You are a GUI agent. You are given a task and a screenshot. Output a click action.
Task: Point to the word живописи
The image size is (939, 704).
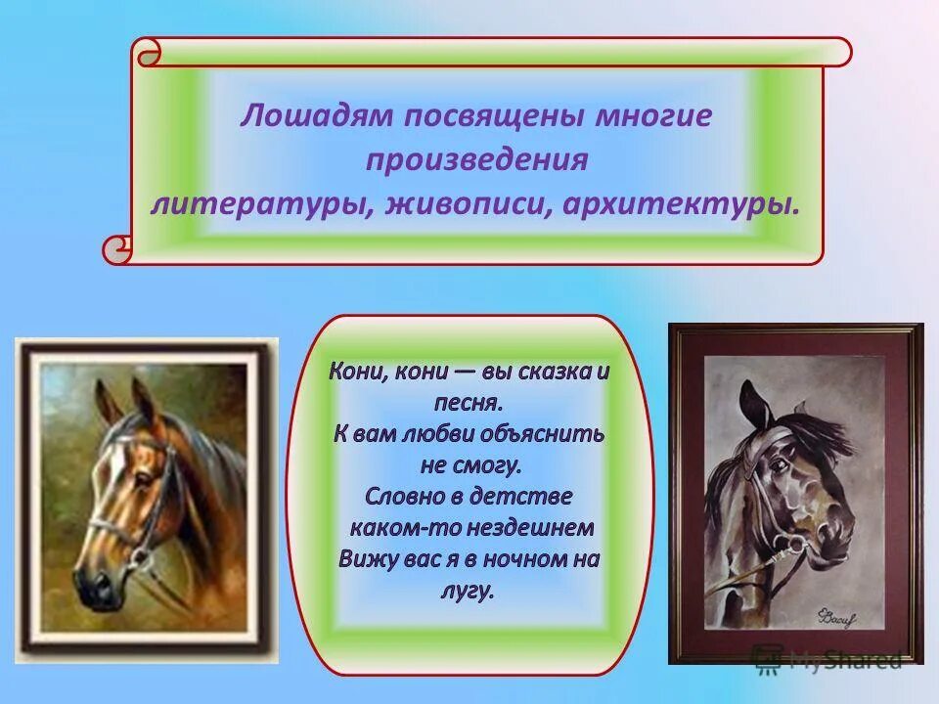(x=469, y=204)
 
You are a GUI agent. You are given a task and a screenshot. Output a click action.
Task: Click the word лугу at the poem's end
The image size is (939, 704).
(x=469, y=590)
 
